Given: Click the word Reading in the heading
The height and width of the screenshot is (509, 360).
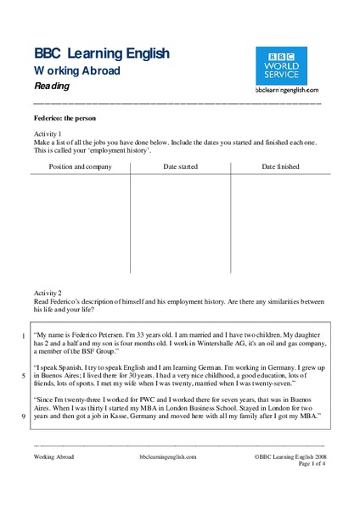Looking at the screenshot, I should click(53, 86).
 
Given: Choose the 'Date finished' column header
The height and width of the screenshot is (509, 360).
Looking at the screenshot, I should click(280, 167).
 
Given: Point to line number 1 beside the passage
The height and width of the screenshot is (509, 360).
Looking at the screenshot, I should click(23, 336).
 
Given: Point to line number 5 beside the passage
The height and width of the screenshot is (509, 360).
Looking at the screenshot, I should click(23, 375).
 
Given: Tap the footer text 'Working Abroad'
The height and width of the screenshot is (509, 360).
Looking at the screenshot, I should click(53, 456).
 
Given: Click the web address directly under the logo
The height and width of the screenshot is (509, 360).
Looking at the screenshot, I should click(286, 88).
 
